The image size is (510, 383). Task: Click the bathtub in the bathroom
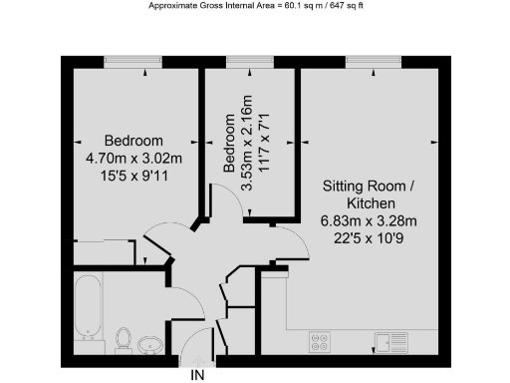click(88, 305)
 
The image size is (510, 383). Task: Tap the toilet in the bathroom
click(123, 339)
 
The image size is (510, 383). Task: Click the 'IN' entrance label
click(198, 375)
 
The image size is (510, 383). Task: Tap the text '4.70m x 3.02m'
click(134, 157)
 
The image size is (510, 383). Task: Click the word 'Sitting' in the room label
click(344, 187)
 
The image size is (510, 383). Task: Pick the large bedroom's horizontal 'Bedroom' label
click(134, 141)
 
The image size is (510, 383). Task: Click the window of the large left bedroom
click(134, 63)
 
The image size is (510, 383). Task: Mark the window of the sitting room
click(371, 63)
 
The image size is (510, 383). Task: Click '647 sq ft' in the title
click(338, 6)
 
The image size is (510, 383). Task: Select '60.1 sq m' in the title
click(288, 6)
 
